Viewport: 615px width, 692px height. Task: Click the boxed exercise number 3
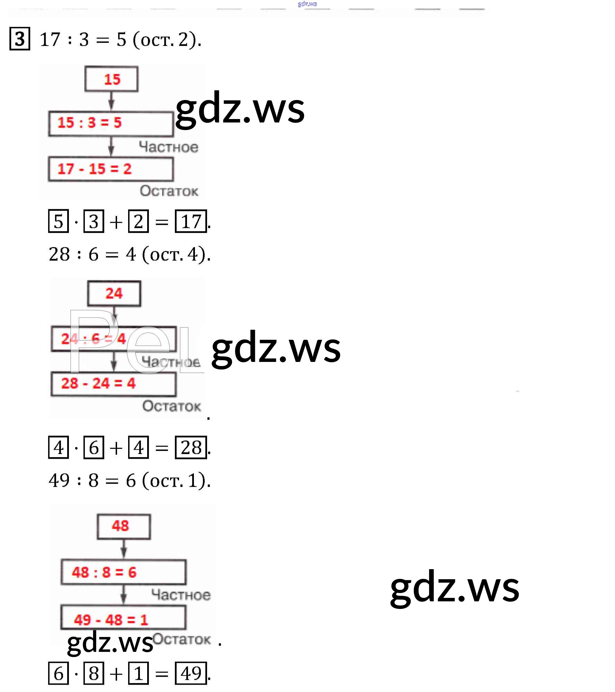[20, 39]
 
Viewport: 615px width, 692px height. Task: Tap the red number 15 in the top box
[112, 79]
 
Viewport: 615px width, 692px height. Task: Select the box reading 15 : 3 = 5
[111, 123]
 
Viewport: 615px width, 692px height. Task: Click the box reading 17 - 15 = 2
[111, 169]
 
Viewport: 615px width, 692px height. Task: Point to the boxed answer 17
[191, 221]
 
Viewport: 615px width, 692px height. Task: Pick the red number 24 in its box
[114, 293]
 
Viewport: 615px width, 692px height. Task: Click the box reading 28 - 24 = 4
[113, 383]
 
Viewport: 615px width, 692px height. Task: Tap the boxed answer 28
[191, 447]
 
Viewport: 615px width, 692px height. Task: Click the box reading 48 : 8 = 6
[123, 572]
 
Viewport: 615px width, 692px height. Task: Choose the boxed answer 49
[191, 673]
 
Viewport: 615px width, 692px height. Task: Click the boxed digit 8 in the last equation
[94, 673]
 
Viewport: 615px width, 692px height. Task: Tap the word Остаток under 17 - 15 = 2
[169, 191]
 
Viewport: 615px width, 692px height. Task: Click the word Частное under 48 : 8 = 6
[181, 595]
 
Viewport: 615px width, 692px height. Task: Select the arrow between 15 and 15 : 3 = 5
[111, 101]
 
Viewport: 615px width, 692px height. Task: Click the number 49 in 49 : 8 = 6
[59, 480]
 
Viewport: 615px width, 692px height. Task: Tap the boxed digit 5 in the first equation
[59, 221]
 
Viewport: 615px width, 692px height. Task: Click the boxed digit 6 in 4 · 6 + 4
[94, 447]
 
